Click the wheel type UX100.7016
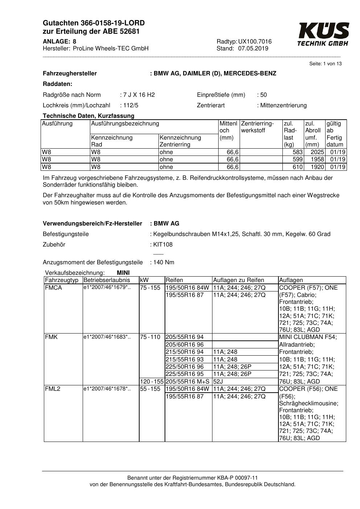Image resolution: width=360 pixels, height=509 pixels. [255, 42]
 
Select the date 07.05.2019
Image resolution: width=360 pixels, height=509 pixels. [253, 49]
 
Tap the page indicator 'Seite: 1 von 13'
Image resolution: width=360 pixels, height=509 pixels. [325, 64]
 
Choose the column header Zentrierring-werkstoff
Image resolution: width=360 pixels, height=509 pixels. [257, 127]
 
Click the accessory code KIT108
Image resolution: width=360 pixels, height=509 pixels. [162, 245]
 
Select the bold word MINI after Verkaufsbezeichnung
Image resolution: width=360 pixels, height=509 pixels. [123, 273]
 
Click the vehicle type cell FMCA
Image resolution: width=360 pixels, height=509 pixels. [53, 288]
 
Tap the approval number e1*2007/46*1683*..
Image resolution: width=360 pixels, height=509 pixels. [107, 337]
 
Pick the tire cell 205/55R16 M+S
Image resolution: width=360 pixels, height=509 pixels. [187, 382]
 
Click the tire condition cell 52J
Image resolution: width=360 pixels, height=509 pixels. [218, 382]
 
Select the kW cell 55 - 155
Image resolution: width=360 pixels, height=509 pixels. [150, 389]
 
